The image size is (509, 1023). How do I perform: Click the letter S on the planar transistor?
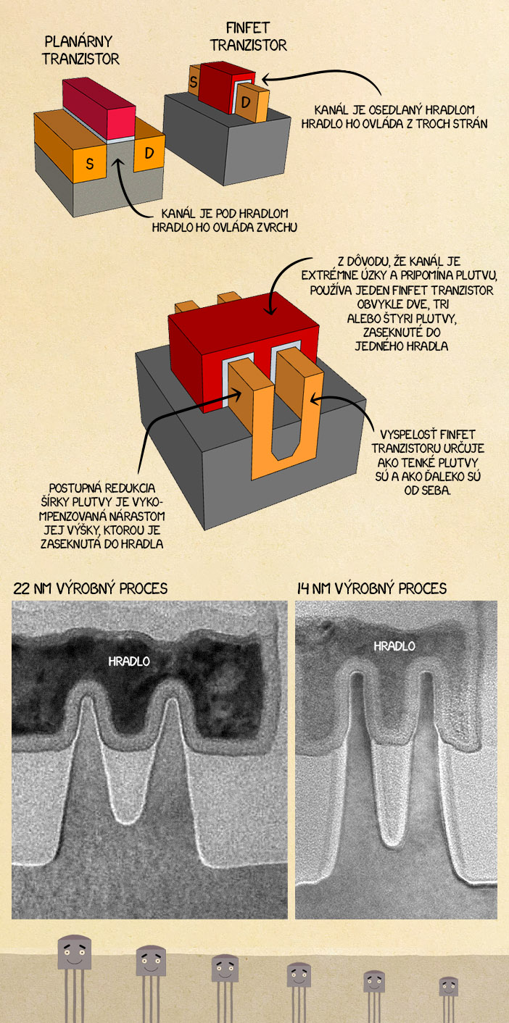[x=90, y=164]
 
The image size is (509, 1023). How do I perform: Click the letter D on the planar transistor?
[x=149, y=153]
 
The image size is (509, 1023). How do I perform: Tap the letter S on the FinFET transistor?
[x=194, y=82]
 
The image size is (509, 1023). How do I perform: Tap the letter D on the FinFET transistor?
[x=247, y=102]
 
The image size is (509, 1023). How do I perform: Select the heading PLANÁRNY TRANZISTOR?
[x=80, y=49]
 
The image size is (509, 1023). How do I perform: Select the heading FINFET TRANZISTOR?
[x=248, y=37]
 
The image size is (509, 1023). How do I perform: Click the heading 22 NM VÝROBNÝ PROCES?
[x=90, y=588]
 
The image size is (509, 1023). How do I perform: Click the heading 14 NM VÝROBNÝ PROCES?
[x=372, y=588]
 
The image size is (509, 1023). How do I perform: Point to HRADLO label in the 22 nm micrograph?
[x=129, y=661]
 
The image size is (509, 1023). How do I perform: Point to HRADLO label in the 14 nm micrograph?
[x=394, y=646]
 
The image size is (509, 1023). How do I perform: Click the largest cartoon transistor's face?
[x=75, y=953]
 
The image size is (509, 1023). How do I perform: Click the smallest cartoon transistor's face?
[x=448, y=986]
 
